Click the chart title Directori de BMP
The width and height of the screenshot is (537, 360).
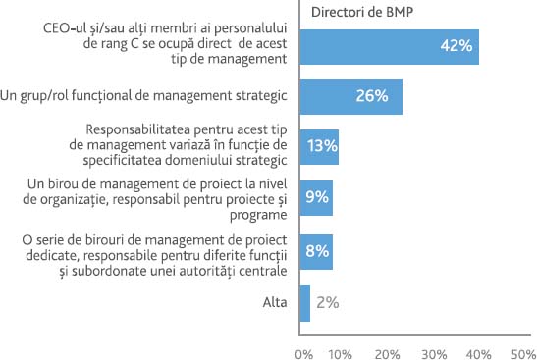coord(359,13)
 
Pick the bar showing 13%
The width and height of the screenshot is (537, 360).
coord(318,146)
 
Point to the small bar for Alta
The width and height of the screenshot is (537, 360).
coord(303,303)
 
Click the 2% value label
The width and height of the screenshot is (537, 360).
coord(327,303)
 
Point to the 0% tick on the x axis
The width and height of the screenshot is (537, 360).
coord(304,350)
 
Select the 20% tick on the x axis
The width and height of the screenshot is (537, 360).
coord(388,350)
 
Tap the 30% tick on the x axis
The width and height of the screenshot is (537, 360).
coord(433,350)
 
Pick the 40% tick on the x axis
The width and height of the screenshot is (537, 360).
coord(477,350)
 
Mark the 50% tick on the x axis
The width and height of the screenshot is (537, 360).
coord(520,350)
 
